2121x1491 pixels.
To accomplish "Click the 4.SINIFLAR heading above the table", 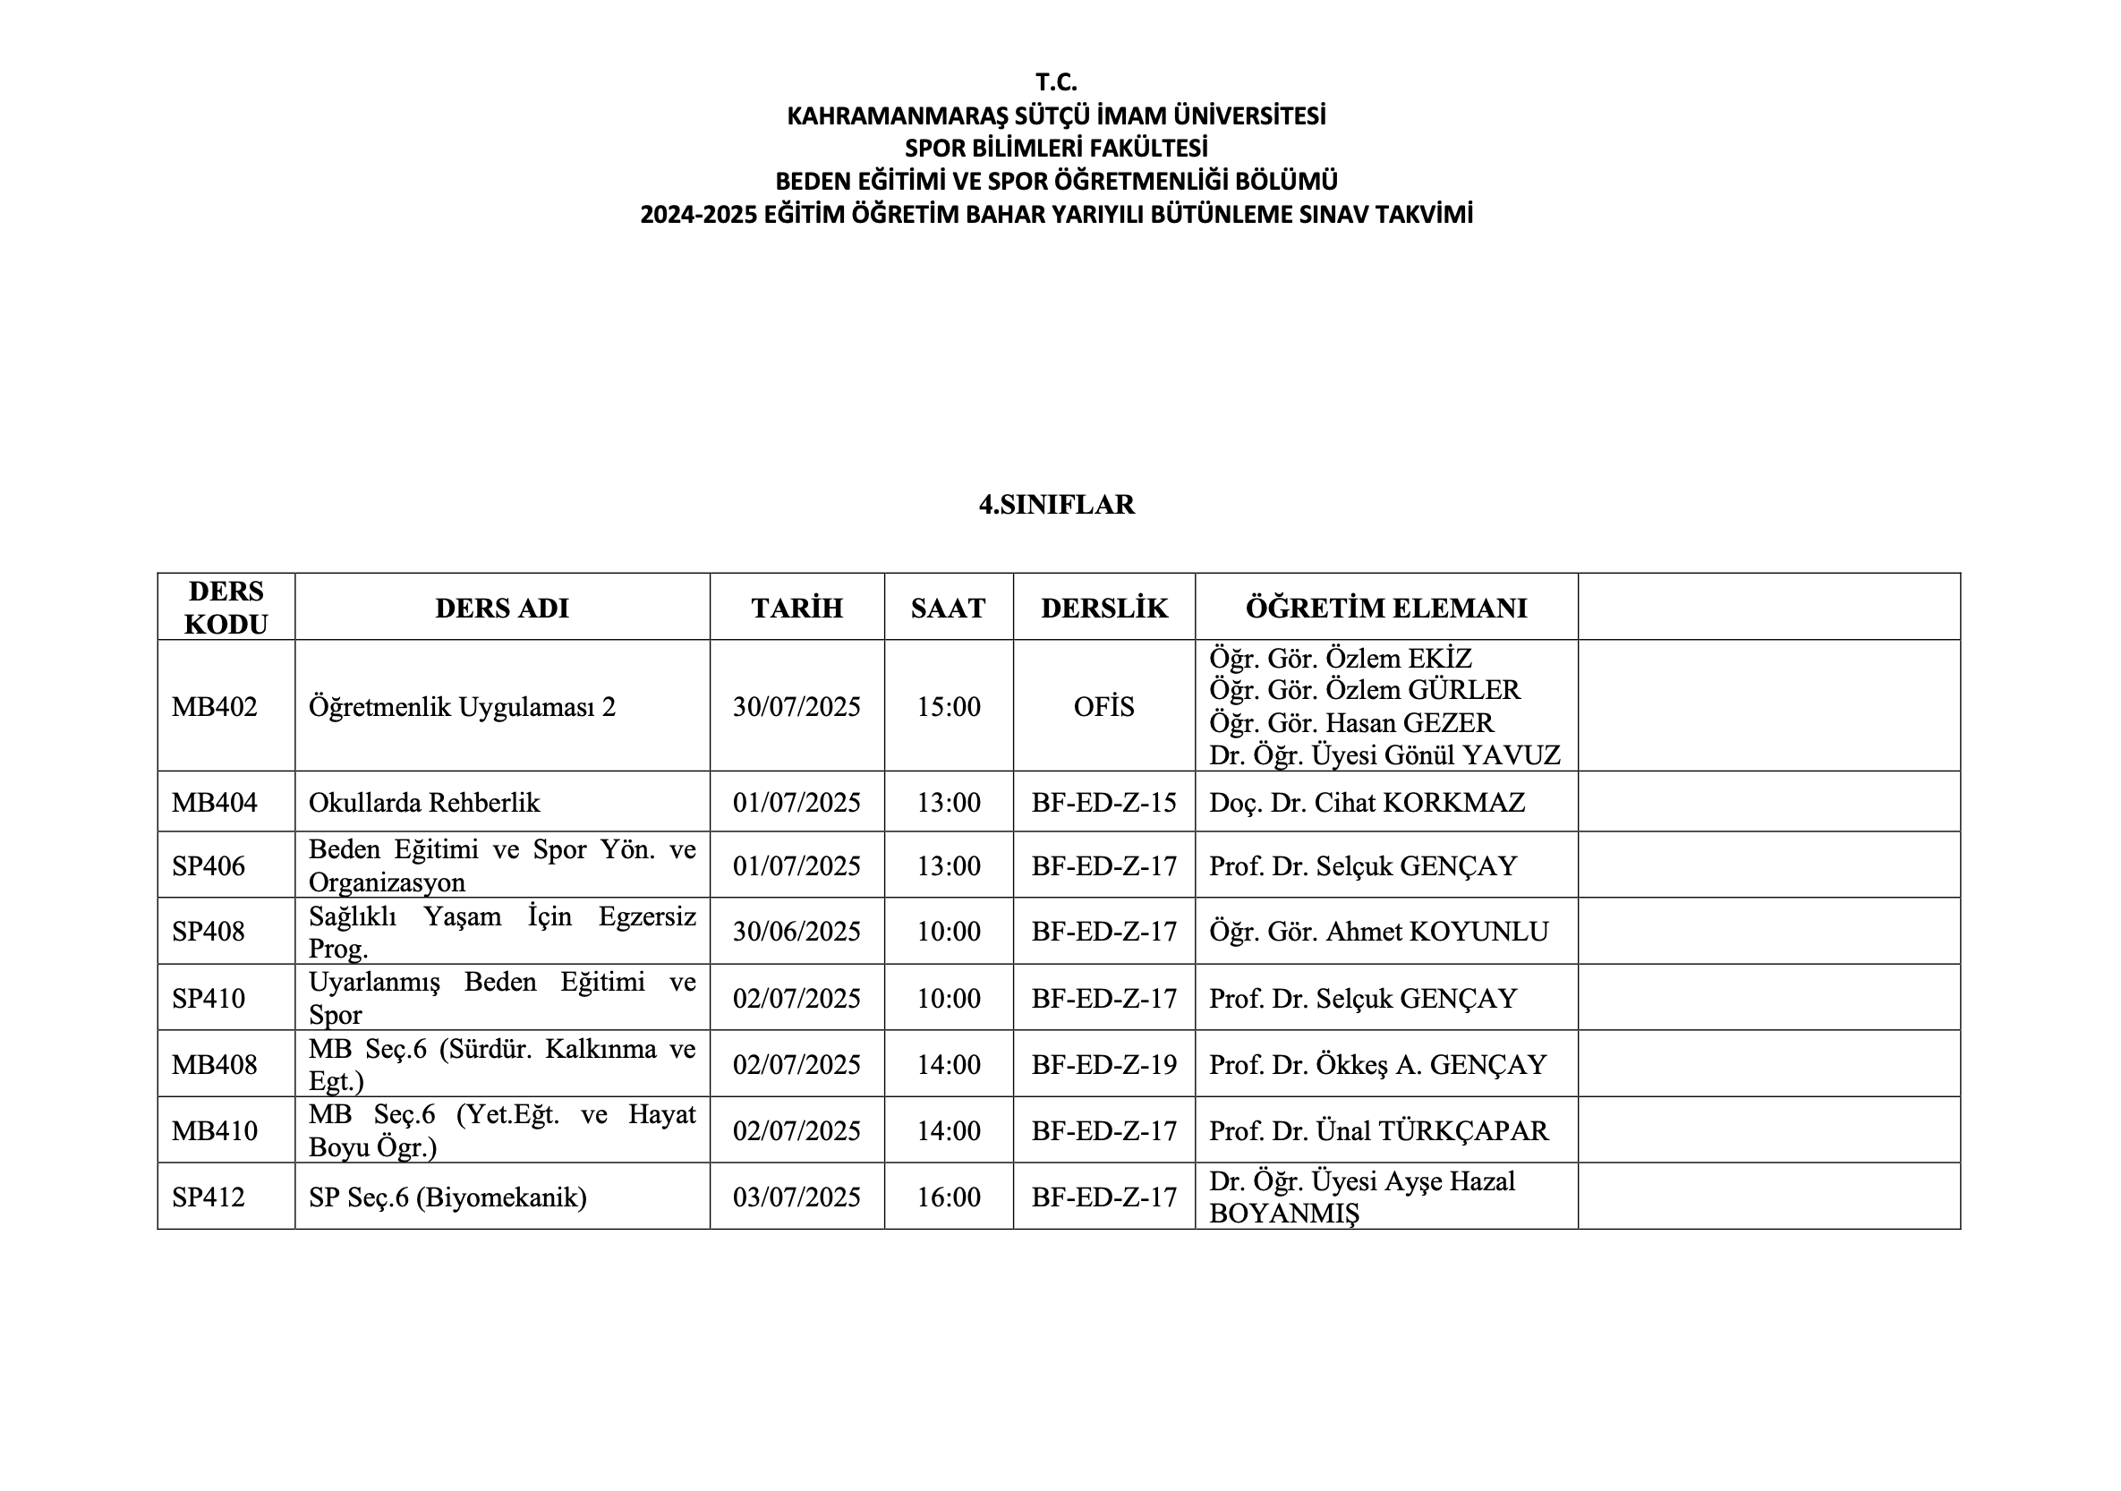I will [x=1056, y=505].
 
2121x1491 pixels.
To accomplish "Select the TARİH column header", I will [x=796, y=608].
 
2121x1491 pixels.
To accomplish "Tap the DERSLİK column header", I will [x=1104, y=608].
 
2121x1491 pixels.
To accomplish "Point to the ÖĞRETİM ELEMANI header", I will [x=1385, y=608].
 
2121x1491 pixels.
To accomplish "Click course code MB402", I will [x=214, y=707].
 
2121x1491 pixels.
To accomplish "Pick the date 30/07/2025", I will [x=796, y=707].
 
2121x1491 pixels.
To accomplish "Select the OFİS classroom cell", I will [x=1104, y=707].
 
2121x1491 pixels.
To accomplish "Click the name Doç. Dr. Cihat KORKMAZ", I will [x=1367, y=802].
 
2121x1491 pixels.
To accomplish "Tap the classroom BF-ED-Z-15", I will [x=1104, y=802].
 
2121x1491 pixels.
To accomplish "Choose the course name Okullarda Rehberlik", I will [x=424, y=802].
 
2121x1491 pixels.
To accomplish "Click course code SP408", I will [x=209, y=931].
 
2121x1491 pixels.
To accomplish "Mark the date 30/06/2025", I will [x=796, y=931].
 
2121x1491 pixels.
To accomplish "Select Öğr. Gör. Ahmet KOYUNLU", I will [x=1378, y=931].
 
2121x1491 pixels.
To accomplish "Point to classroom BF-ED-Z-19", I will [x=1104, y=1064].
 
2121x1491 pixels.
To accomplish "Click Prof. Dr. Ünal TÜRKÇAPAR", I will [x=1378, y=1130].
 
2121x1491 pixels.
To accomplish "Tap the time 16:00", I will [x=949, y=1197].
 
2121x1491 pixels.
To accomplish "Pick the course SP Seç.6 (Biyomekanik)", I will [x=447, y=1197].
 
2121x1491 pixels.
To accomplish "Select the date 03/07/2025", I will [x=796, y=1197].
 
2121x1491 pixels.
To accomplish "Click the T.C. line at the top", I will [x=1056, y=82].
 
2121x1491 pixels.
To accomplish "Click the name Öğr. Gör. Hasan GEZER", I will [x=1350, y=722].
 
